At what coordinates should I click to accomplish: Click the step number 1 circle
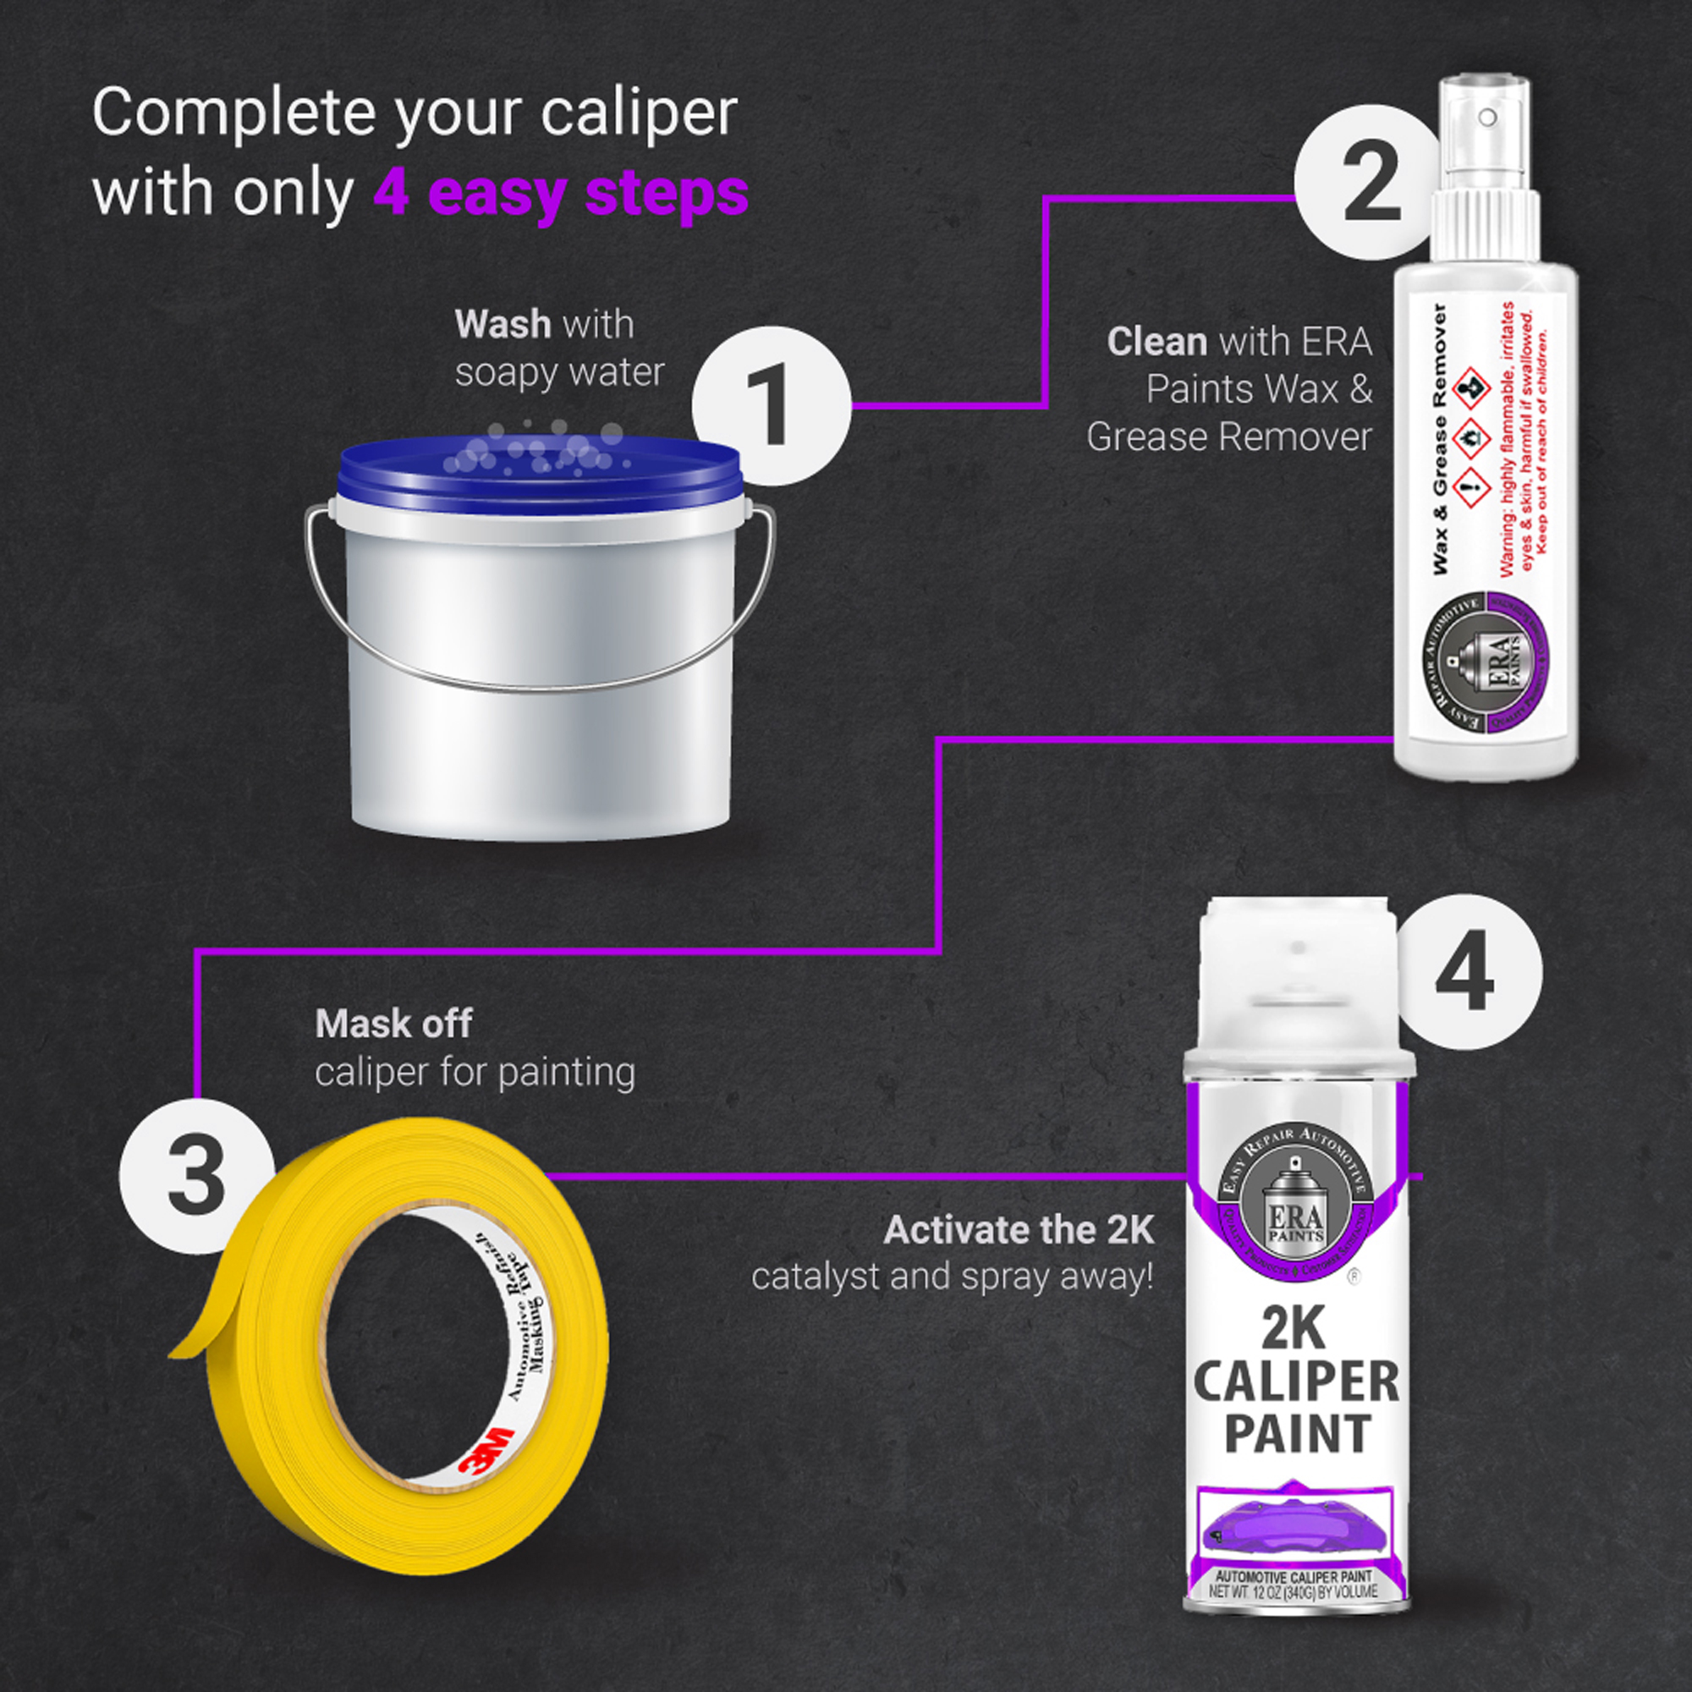click(771, 405)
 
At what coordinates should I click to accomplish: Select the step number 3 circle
click(196, 1176)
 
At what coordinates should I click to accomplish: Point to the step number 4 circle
click(1464, 972)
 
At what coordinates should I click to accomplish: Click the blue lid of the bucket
click(541, 477)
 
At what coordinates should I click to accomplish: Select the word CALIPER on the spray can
click(1295, 1383)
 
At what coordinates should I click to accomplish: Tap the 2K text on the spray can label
click(1295, 1329)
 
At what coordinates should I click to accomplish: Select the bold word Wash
click(503, 325)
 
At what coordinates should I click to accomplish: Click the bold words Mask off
click(393, 1024)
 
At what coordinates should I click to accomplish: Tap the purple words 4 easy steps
click(561, 193)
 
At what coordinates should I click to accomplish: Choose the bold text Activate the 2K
click(1019, 1230)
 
